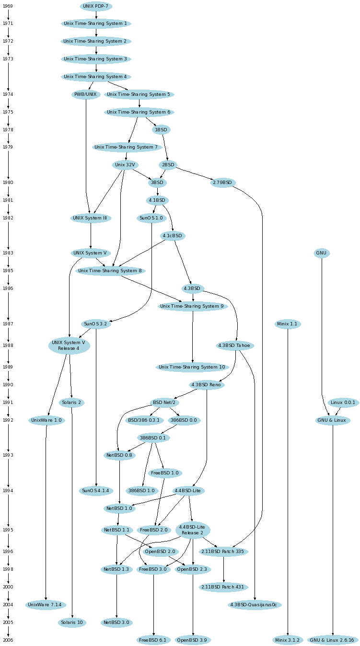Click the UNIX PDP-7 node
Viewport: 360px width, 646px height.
click(96, 6)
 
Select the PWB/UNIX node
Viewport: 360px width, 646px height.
click(86, 94)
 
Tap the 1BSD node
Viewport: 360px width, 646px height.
click(161, 130)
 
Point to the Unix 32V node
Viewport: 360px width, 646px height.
click(125, 165)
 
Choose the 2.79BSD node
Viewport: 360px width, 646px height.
click(222, 183)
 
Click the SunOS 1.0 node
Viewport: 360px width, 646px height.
click(151, 218)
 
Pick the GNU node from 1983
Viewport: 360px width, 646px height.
click(322, 253)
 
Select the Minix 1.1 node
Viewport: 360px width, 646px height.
click(288, 324)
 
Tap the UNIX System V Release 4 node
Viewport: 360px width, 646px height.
click(69, 346)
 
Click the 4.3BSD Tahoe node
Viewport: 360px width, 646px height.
click(235, 346)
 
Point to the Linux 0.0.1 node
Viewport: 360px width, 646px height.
click(343, 403)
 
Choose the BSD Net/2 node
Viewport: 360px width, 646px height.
click(164, 403)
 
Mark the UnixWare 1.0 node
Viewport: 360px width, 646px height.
click(46, 420)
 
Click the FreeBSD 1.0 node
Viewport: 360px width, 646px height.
click(164, 473)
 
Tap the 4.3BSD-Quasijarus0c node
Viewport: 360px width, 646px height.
click(254, 605)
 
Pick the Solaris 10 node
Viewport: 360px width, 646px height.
click(72, 623)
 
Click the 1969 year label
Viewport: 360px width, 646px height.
click(8, 6)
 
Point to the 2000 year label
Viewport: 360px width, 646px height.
click(8, 587)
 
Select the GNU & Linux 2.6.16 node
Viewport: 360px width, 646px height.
click(333, 640)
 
